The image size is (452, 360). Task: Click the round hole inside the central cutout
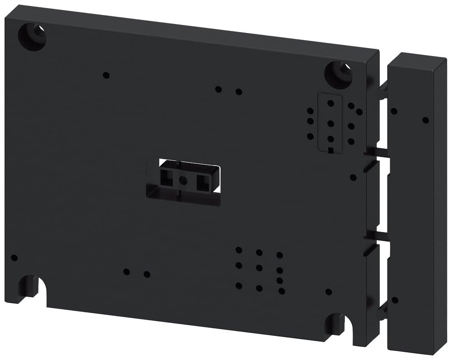pyautogui.click(x=183, y=180)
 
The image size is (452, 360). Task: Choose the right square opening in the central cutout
pyautogui.click(x=202, y=182)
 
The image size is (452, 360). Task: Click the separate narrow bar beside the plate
pyautogui.click(x=417, y=204)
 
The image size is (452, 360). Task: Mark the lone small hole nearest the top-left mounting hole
pyautogui.click(x=106, y=75)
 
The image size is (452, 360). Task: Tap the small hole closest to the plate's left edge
pyautogui.click(x=14, y=258)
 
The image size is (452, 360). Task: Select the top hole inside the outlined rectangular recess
pyautogui.click(x=331, y=103)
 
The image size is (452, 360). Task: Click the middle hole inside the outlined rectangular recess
pyautogui.click(x=331, y=123)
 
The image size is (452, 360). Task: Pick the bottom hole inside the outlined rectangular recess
pyautogui.click(x=331, y=139)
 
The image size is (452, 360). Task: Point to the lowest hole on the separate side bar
pyautogui.click(x=395, y=300)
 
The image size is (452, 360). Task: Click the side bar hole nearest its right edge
pyautogui.click(x=425, y=120)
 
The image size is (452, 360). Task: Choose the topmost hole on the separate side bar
pyautogui.click(x=394, y=111)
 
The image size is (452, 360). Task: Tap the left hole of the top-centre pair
pyautogui.click(x=218, y=89)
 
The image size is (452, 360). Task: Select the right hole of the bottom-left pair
pyautogui.click(x=147, y=274)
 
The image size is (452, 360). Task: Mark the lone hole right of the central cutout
pyautogui.click(x=353, y=177)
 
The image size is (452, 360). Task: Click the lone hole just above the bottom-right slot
pyautogui.click(x=329, y=292)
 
